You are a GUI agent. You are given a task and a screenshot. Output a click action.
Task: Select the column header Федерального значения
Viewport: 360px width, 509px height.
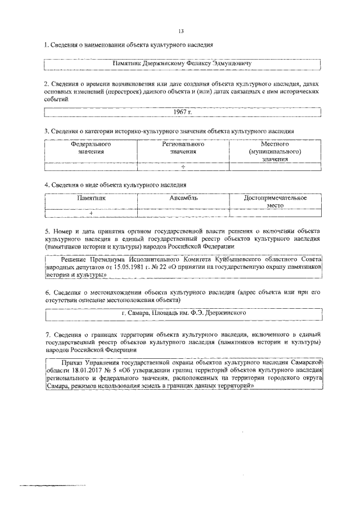pyautogui.click(x=91, y=148)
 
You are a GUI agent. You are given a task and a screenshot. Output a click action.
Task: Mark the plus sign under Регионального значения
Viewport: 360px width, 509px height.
pyautogui.click(x=182, y=166)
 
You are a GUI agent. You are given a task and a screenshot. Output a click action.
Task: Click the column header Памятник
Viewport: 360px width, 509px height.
pyautogui.click(x=91, y=199)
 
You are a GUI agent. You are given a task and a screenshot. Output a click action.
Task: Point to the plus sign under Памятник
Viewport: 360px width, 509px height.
pyautogui.click(x=91, y=214)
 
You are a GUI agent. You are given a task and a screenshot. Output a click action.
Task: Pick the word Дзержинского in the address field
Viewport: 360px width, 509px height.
pyautogui.click(x=222, y=312)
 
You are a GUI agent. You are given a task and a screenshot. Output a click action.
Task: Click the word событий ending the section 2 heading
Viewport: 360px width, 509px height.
pyautogui.click(x=56, y=98)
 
